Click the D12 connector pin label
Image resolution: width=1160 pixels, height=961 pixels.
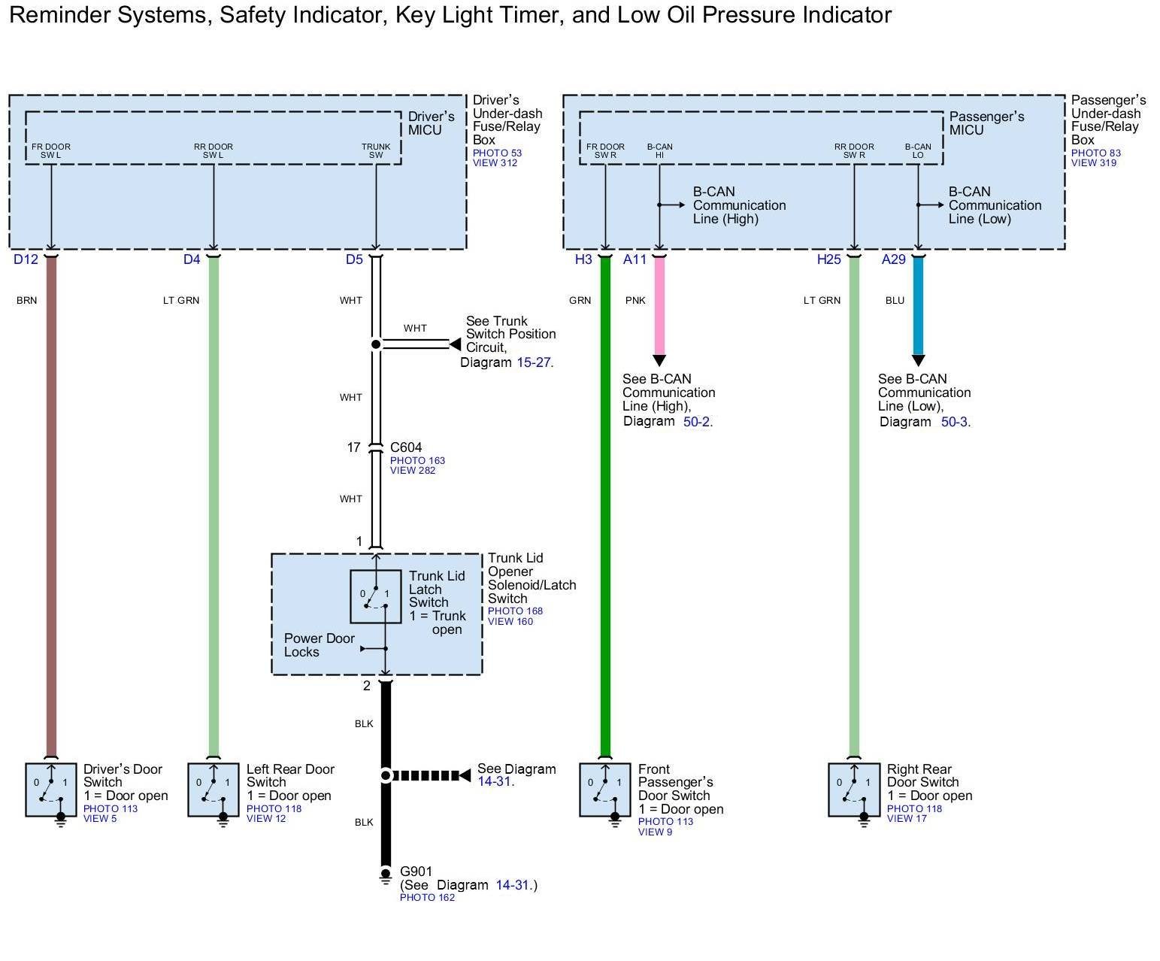pos(26,259)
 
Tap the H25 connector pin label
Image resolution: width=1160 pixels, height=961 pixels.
pos(828,259)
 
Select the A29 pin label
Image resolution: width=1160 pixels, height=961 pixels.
pos(893,259)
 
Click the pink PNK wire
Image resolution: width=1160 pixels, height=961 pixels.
pos(659,308)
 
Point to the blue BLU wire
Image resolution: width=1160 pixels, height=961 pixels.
pos(918,308)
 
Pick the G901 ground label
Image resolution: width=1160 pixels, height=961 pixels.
pos(416,872)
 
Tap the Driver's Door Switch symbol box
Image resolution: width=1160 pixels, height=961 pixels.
pos(51,790)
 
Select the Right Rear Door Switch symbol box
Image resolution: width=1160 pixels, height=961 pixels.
pos(854,790)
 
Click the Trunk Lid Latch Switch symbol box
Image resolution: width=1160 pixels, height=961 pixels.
pos(375,596)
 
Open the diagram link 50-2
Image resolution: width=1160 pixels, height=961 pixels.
pos(696,422)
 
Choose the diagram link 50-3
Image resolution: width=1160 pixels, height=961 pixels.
pos(954,422)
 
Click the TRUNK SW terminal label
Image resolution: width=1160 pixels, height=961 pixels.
pos(376,151)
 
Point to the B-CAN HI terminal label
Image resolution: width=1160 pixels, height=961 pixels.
pos(659,151)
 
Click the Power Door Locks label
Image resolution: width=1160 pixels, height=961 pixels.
pos(319,645)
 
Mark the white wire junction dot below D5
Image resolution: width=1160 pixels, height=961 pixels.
pos(376,344)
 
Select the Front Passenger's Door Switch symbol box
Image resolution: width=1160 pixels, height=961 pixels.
pos(605,790)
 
